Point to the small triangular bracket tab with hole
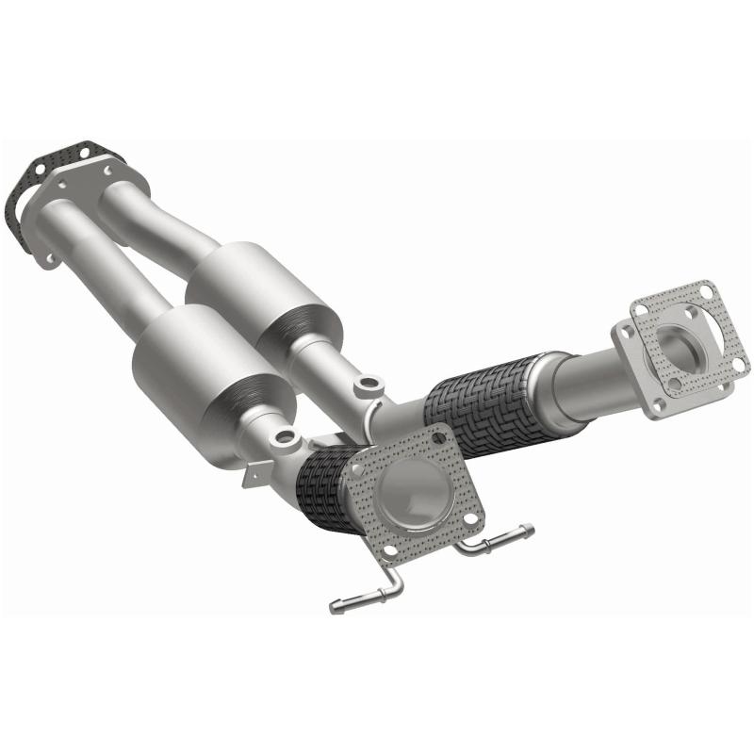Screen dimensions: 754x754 click(253, 476)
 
